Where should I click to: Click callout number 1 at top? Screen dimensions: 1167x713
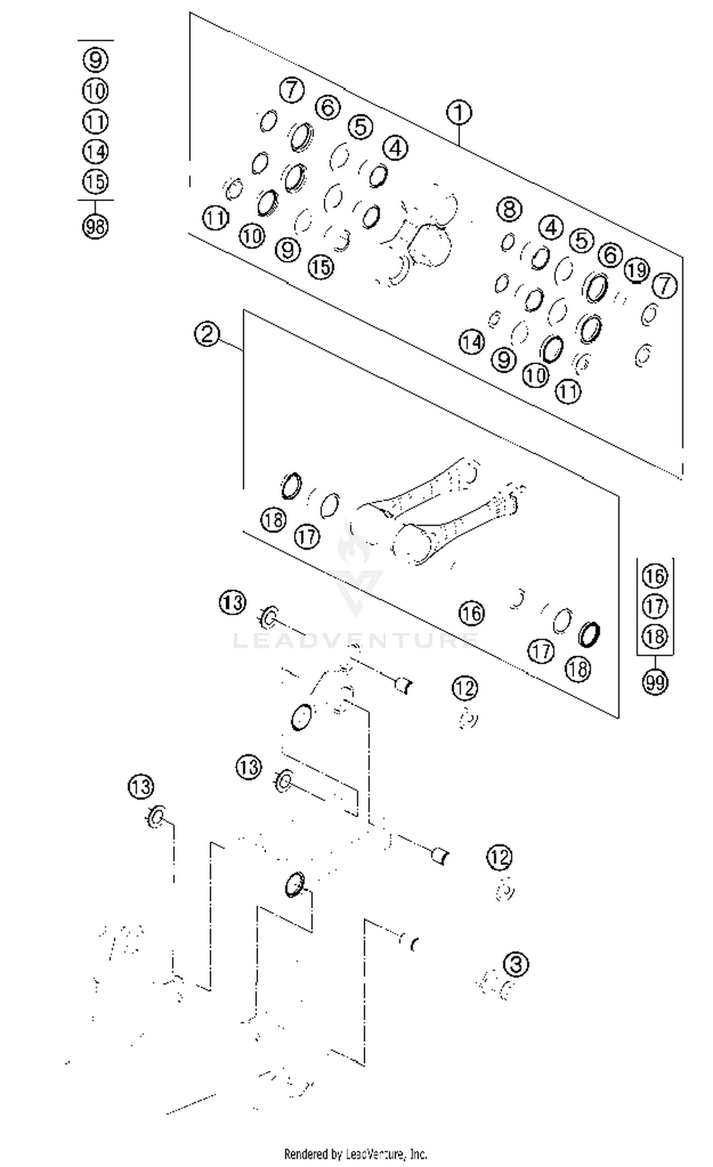pos(459,113)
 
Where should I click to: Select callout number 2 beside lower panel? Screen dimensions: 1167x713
pos(207,334)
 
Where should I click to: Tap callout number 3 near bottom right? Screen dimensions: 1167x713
pos(516,964)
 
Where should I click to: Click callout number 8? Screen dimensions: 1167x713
pos(509,209)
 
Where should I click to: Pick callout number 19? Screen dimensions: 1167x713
pos(636,270)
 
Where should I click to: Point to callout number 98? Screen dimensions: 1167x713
pos(95,226)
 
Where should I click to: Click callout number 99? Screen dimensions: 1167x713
pos(655,683)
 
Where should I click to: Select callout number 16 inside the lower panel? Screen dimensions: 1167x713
pos(472,613)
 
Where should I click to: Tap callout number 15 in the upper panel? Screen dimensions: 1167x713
pos(321,267)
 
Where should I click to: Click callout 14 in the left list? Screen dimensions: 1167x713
pos(95,152)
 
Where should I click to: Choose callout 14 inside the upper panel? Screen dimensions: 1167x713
pos(472,342)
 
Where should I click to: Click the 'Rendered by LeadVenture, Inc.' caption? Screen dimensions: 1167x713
pos(356,1154)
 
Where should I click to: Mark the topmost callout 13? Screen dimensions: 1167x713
pos(232,603)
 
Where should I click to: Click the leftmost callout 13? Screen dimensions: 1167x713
pos(141,787)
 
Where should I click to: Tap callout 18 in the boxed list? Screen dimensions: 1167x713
pos(655,637)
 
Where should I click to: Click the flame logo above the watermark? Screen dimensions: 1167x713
pos(354,547)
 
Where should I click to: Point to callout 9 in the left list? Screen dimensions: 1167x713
pos(95,59)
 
